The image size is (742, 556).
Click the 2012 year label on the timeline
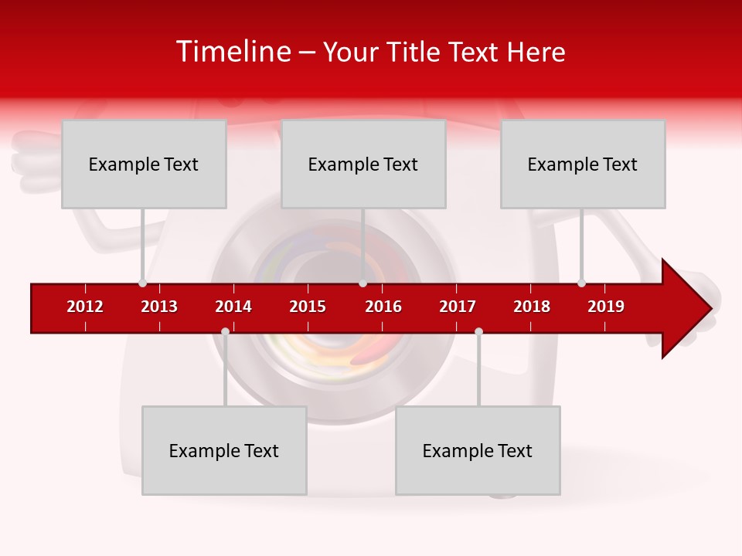[85, 307]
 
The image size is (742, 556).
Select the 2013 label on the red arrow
[159, 307]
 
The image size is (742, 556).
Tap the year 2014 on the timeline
[233, 307]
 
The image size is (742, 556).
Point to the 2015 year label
[308, 307]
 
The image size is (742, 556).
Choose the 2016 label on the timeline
[383, 307]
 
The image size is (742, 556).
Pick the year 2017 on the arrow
[458, 307]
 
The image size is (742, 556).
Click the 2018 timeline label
[532, 307]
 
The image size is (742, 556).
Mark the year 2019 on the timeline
[606, 307]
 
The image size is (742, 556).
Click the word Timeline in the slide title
[233, 52]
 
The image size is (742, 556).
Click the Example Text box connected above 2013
[144, 164]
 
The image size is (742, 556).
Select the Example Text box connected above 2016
[363, 164]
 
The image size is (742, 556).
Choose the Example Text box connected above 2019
[583, 164]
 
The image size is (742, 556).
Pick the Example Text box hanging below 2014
[224, 450]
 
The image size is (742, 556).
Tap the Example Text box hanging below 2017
[478, 450]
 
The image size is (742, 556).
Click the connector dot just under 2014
[225, 331]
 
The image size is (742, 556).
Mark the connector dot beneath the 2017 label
[478, 331]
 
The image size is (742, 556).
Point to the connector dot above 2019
[581, 283]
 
